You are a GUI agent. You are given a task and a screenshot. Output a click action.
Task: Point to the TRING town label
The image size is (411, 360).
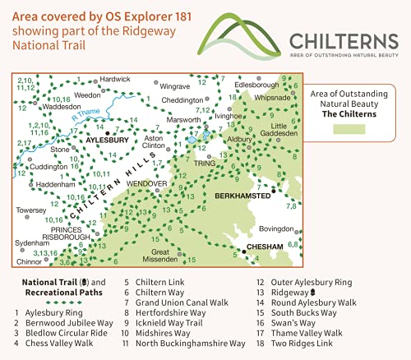(x=204, y=163)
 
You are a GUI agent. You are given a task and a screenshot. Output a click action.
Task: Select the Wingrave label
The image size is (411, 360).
(x=174, y=85)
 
